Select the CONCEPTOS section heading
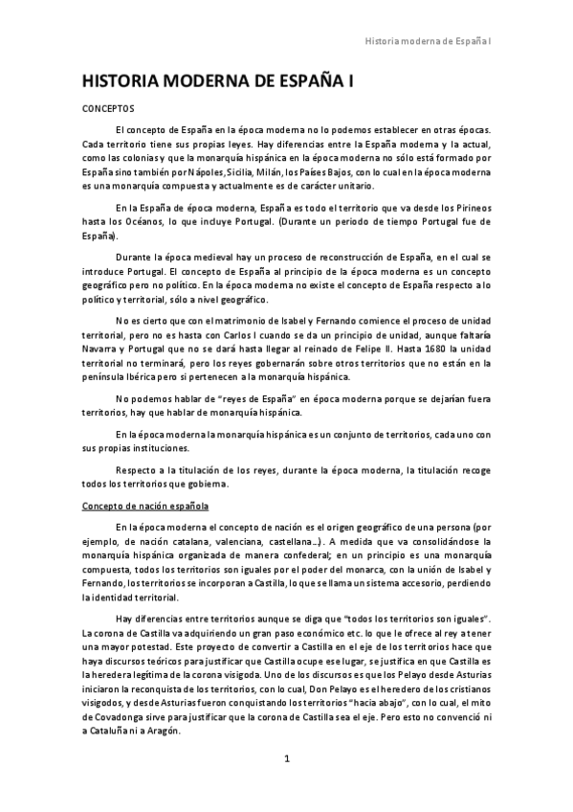pos(108,109)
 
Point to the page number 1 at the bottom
pos(286,759)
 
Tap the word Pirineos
pos(471,207)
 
